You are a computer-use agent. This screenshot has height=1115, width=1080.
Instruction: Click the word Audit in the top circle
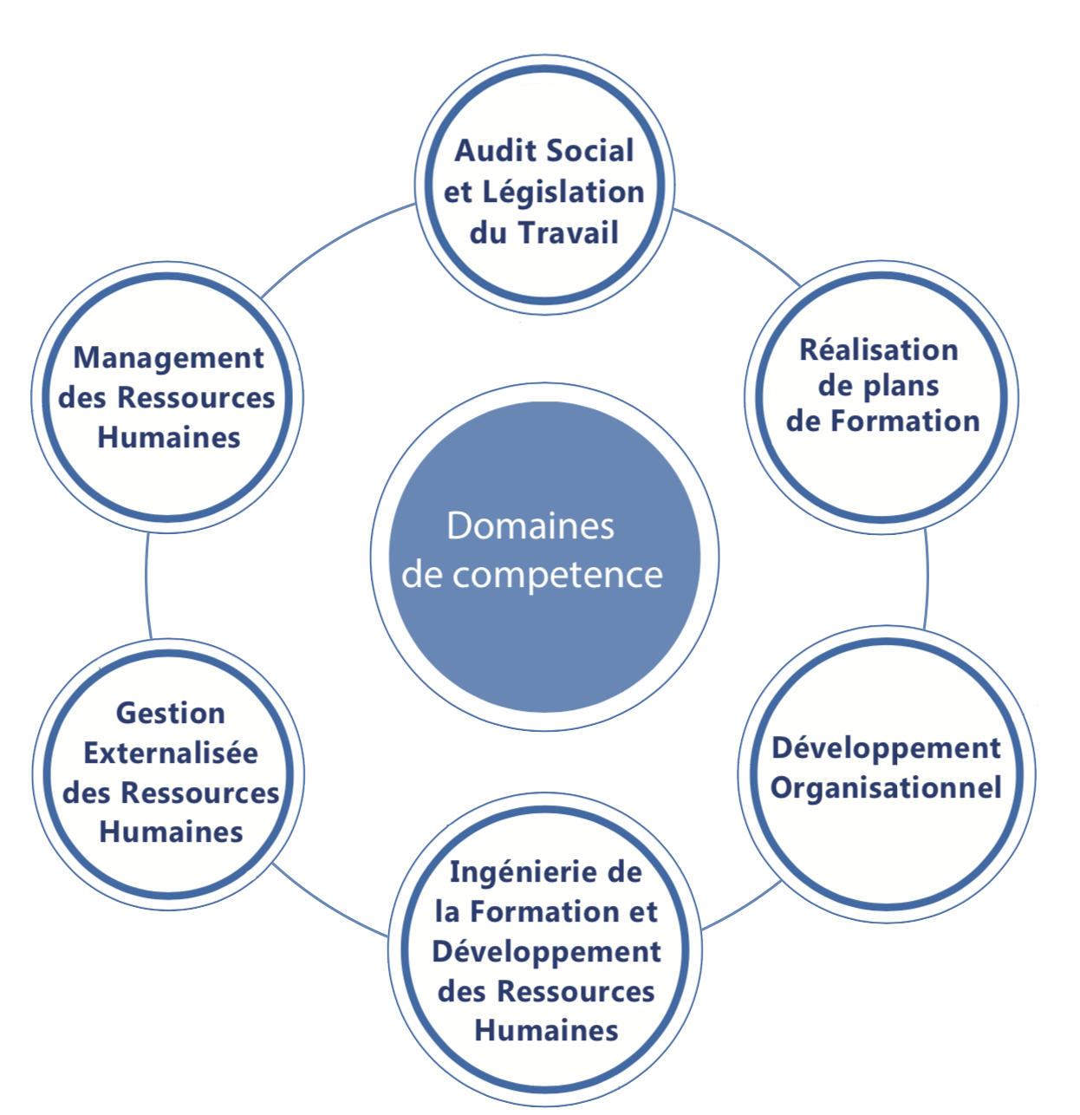click(x=496, y=151)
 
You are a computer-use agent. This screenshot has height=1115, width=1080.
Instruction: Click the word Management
click(x=169, y=358)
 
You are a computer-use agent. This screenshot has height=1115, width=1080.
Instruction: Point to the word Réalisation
click(x=878, y=350)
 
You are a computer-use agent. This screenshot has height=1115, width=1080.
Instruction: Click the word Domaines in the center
click(x=530, y=526)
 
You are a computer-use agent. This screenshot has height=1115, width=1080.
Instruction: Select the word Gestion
click(x=171, y=713)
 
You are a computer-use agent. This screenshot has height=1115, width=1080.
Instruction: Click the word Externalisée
click(x=171, y=753)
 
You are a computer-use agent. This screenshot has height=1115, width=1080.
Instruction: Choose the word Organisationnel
click(x=886, y=788)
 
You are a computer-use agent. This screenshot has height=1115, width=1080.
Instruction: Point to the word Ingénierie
click(x=511, y=872)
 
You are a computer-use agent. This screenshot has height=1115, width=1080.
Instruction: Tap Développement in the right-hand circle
click(x=886, y=747)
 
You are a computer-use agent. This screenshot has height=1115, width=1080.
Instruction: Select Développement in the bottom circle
click(x=546, y=951)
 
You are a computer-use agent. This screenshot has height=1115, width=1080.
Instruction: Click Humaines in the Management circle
click(x=169, y=437)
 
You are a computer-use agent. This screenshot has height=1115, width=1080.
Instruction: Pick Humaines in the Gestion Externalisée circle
click(x=171, y=831)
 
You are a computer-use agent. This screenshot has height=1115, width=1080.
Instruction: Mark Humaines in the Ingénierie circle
click(x=546, y=1030)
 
